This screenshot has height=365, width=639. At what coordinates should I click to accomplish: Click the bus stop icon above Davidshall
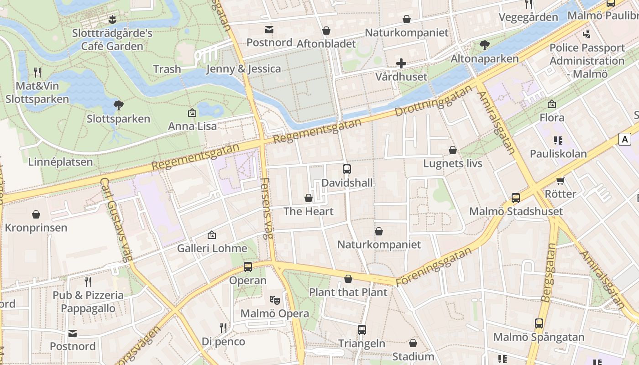tap(347, 169)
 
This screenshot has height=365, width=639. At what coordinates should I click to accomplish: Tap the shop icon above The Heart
tap(309, 198)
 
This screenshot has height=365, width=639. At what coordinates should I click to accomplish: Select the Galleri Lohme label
tap(212, 249)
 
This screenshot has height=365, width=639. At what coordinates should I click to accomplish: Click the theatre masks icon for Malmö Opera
tap(274, 300)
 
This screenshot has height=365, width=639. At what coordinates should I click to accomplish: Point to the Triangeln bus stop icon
tap(362, 329)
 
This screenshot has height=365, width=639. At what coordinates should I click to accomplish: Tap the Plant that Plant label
tap(348, 292)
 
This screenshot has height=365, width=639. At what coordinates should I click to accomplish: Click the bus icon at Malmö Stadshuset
tap(516, 198)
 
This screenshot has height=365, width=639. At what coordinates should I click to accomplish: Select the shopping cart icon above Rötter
tap(560, 181)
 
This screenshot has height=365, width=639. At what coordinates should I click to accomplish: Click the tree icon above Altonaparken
tap(484, 45)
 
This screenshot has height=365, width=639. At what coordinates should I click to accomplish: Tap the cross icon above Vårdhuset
tap(401, 63)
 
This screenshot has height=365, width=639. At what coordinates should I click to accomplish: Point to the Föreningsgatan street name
tap(434, 267)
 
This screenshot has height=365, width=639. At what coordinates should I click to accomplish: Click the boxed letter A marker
tap(624, 139)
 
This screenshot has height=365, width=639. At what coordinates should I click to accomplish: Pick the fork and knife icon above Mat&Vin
tap(37, 72)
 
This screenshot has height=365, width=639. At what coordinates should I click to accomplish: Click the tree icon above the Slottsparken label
tap(119, 105)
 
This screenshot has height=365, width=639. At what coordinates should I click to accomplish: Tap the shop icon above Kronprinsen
tap(36, 214)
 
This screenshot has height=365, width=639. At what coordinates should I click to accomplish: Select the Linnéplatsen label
tap(60, 162)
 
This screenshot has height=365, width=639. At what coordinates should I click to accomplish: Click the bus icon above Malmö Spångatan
tap(539, 323)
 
